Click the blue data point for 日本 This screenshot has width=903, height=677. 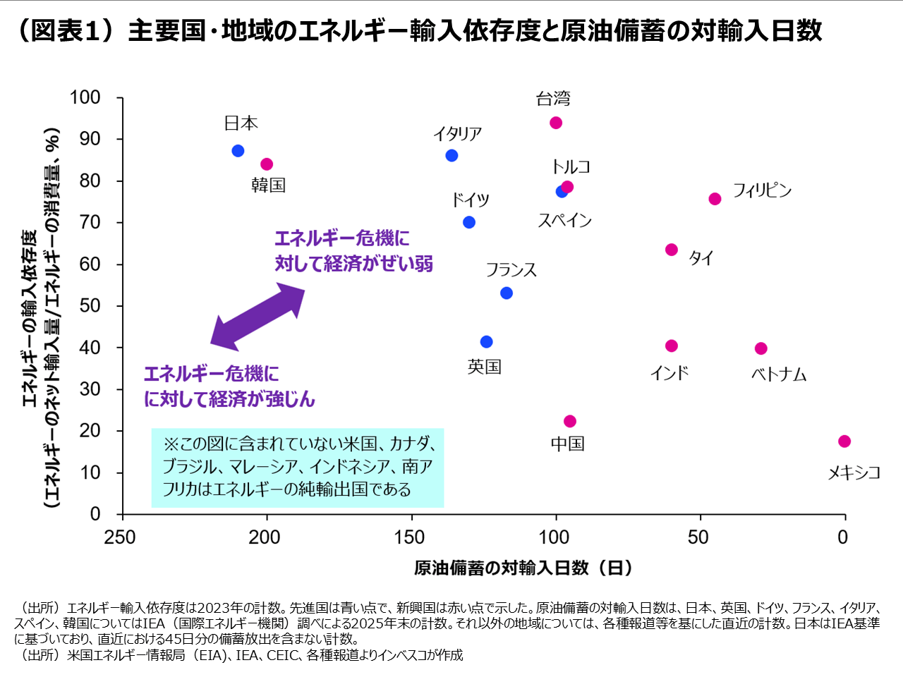point(238,151)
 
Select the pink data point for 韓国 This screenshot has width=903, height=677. point(267,164)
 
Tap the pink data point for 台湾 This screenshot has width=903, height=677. point(556,123)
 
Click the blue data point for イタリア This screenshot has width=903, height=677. point(451,155)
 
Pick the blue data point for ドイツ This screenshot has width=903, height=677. point(469,222)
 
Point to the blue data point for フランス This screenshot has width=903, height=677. point(507,293)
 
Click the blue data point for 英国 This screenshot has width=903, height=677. point(486,342)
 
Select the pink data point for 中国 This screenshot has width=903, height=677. point(570,421)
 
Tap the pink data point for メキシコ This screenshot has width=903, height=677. point(844,441)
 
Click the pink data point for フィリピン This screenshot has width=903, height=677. point(715,199)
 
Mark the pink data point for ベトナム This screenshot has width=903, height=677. point(761,348)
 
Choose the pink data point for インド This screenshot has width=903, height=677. point(672,346)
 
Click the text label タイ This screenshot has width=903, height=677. point(701,258)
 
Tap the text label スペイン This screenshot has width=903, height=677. point(564,221)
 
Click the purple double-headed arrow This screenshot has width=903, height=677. point(257,317)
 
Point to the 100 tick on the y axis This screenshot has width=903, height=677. point(85,97)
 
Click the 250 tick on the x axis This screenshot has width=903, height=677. point(120,537)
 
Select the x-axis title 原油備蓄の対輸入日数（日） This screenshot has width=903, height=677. point(523,568)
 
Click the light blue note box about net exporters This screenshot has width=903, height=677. point(297,468)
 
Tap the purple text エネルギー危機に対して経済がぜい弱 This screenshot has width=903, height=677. point(353,251)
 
